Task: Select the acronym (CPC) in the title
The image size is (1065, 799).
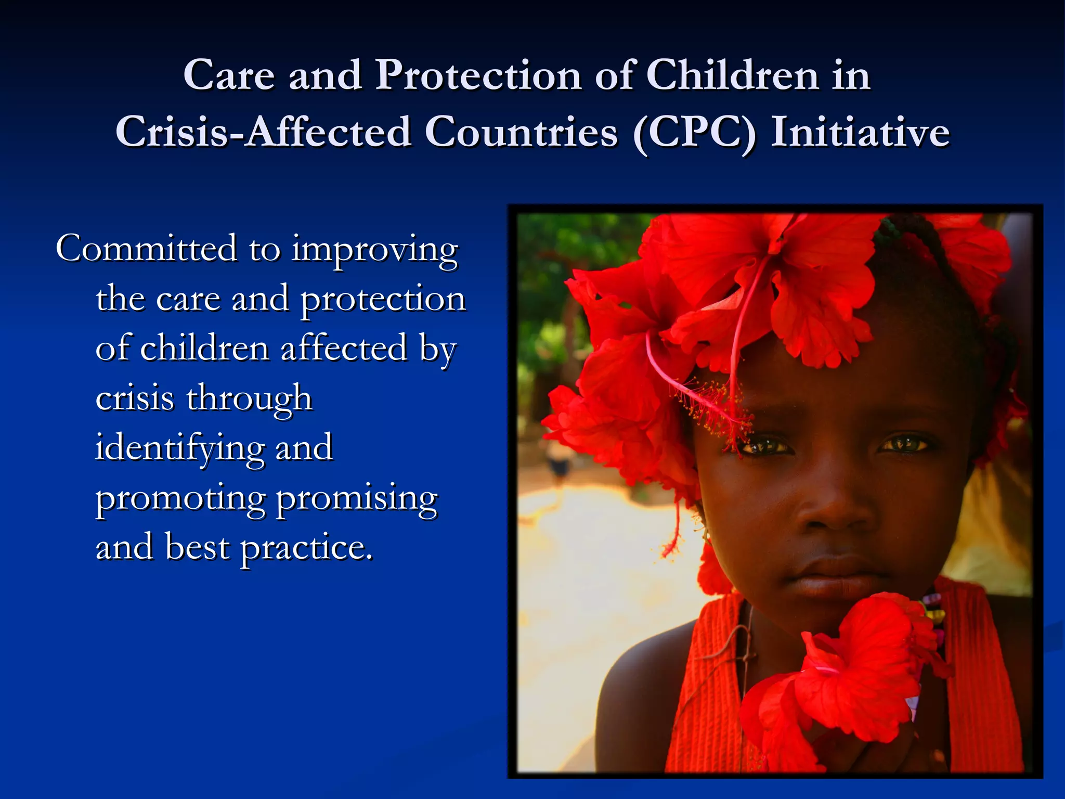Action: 694,133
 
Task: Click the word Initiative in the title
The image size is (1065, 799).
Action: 860,133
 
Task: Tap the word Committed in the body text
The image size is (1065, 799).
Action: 146,248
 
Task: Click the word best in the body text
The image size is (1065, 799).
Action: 197,547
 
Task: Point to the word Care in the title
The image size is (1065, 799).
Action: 229,75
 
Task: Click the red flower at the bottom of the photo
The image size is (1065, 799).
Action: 853,676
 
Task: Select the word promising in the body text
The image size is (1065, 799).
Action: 357,499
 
